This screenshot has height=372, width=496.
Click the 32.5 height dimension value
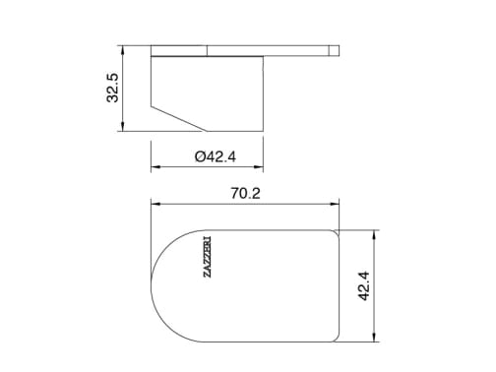[x=112, y=88]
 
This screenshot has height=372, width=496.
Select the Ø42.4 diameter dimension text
[x=216, y=156]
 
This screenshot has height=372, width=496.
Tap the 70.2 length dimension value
[x=246, y=193]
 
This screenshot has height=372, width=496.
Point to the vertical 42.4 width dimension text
[x=364, y=285]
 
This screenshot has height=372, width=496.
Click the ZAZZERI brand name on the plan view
[x=207, y=257]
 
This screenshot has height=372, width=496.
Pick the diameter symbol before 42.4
[x=200, y=156]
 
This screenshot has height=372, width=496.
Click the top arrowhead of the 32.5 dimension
[x=123, y=49]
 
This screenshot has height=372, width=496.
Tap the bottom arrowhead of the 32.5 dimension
[x=123, y=127]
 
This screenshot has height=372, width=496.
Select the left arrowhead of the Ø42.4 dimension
[x=155, y=167]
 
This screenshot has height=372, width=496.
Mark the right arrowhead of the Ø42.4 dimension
[x=259, y=167]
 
